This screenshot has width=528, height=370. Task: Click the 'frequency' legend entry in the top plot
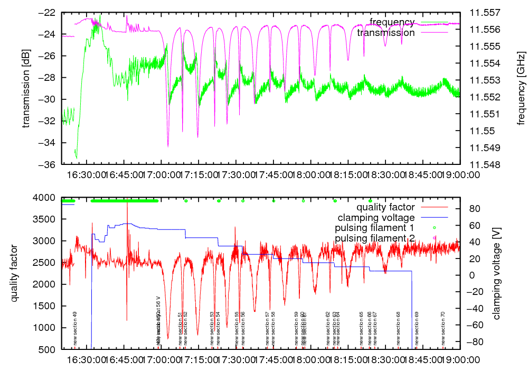tap(392, 22)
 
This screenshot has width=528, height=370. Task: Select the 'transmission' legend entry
tap(386, 32)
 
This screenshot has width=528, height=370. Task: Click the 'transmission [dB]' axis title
tap(26, 88)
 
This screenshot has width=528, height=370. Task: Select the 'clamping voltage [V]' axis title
tap(496, 273)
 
